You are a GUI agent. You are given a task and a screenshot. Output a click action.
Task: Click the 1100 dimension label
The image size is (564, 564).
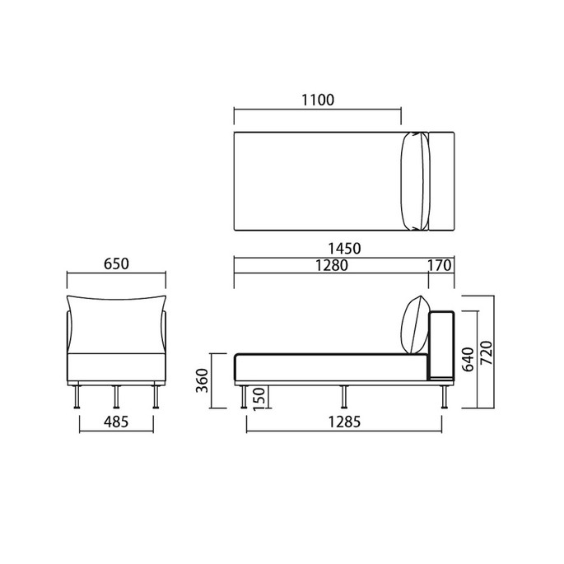pos(318,100)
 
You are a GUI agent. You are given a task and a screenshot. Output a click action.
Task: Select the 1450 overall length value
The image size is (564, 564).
pos(344,249)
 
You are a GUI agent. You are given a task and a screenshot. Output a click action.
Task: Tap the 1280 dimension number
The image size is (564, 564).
pos(332,265)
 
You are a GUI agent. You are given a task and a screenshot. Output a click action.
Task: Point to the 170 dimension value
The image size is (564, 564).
pos(439,265)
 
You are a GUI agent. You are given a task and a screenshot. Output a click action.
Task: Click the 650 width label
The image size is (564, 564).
pos(116,263)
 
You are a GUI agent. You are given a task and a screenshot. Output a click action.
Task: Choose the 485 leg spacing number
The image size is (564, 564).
pos(116,422)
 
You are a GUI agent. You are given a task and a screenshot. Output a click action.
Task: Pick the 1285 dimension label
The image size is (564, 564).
pos(344,422)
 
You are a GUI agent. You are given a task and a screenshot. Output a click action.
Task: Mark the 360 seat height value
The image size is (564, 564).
pos(203,380)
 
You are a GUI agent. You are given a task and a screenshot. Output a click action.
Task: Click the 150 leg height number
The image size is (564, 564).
pos(259,399)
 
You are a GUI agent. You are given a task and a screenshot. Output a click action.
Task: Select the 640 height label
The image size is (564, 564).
pos(468,359)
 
